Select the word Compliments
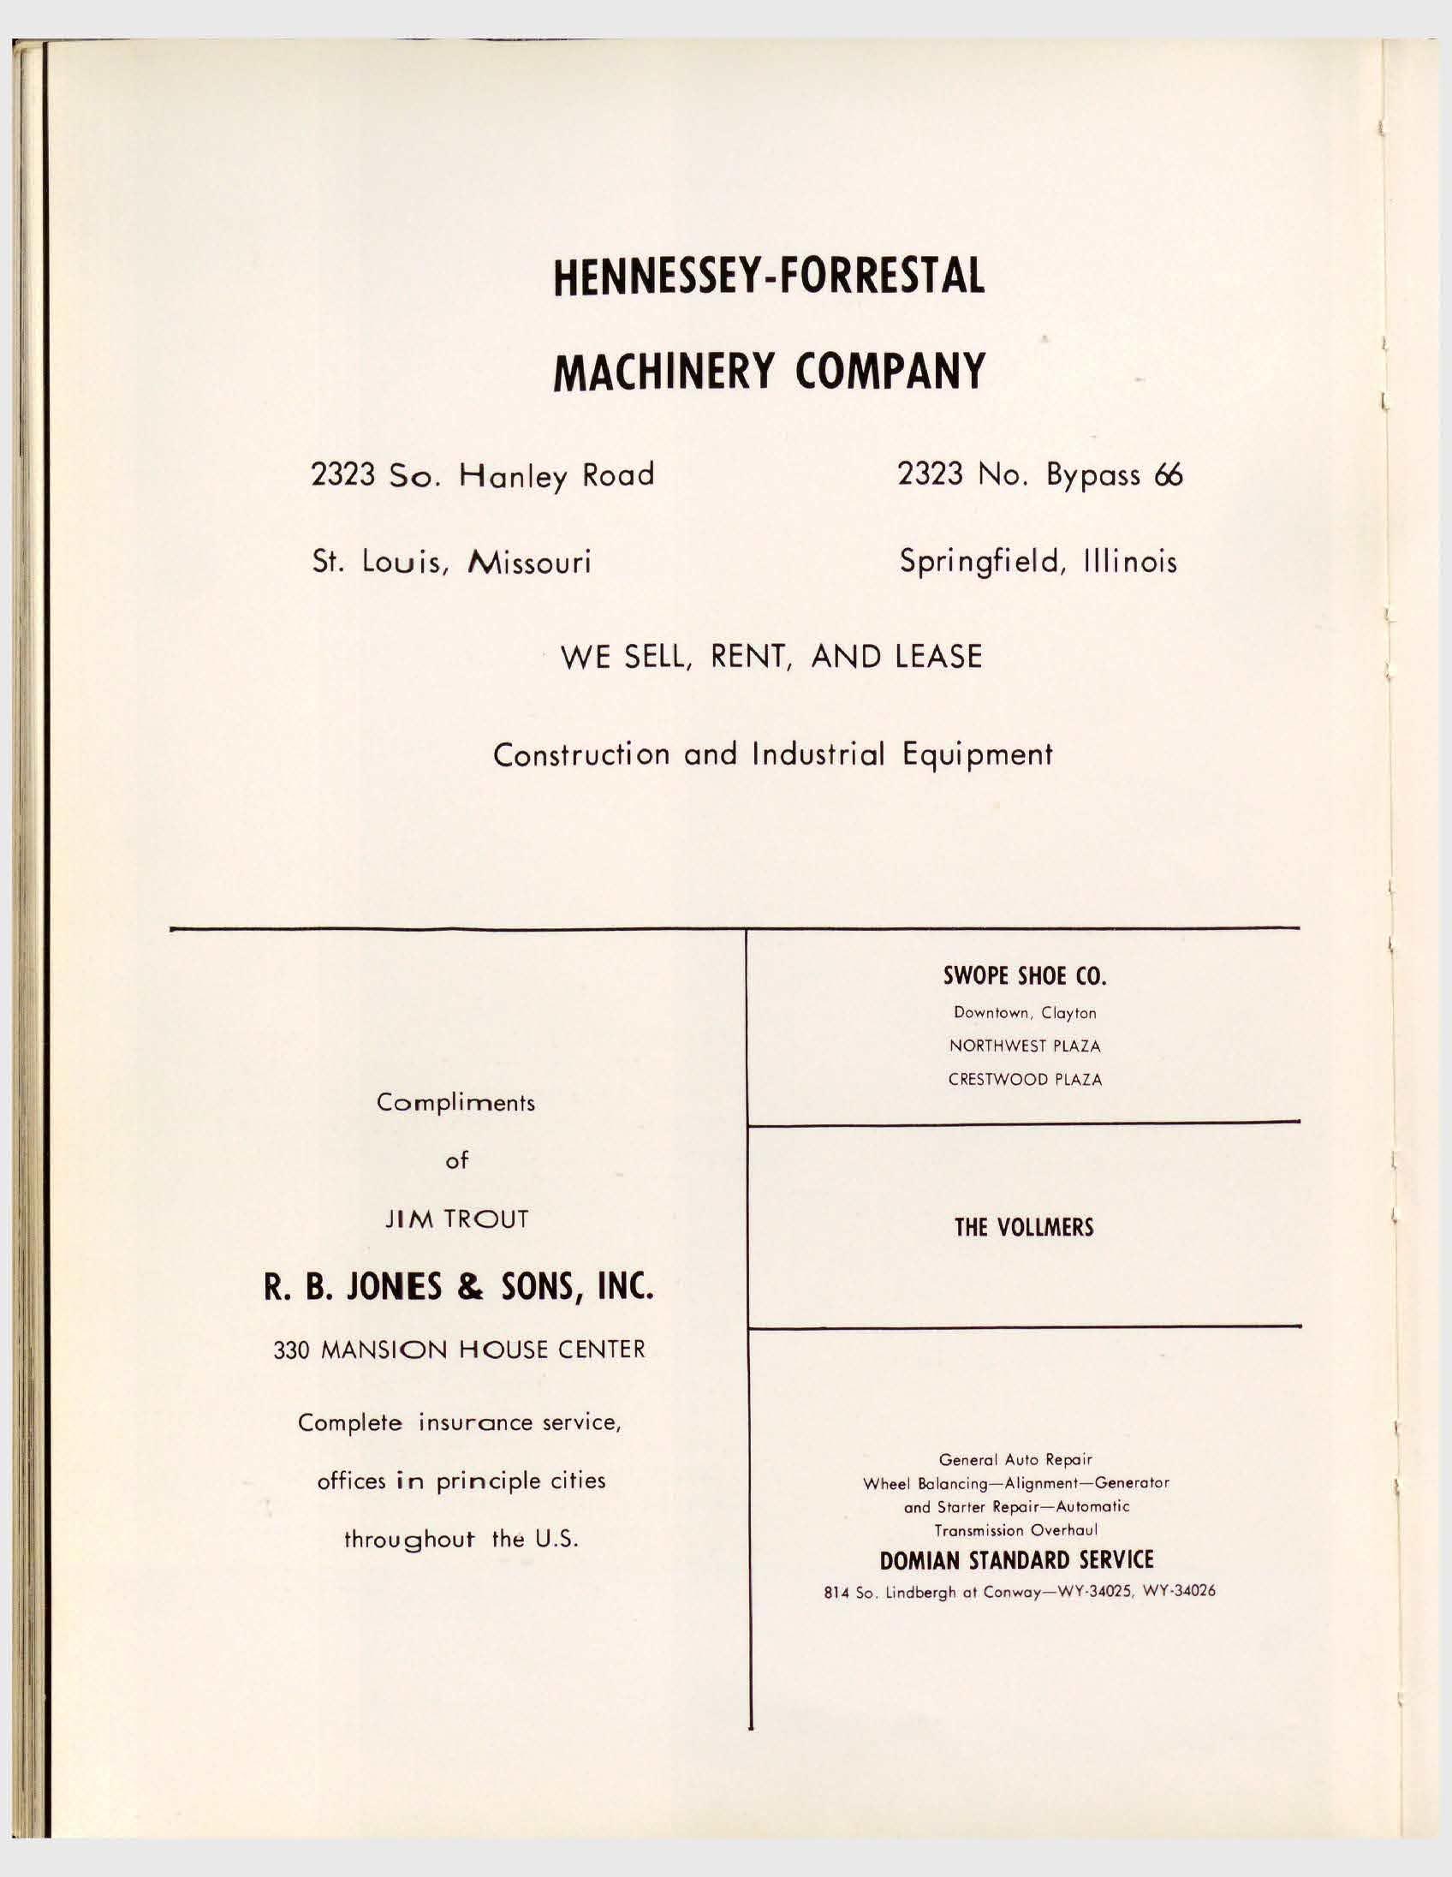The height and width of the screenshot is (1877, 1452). (455, 1103)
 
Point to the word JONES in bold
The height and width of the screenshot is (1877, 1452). (407, 1286)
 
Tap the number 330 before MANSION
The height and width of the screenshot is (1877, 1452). (290, 1350)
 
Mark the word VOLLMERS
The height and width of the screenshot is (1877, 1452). (1044, 1227)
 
